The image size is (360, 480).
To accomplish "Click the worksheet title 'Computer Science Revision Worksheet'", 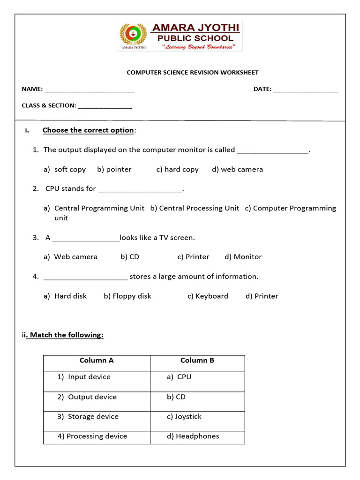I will (193, 73).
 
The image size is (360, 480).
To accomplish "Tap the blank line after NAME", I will (89, 90).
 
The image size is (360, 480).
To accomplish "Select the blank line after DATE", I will (305, 90).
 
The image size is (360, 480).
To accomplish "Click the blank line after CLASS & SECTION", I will (105, 106).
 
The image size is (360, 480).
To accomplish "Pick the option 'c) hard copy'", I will (177, 170).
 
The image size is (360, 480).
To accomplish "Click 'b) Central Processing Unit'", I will (195, 208).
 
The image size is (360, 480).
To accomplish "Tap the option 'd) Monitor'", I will (243, 257).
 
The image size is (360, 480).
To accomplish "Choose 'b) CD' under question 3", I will (130, 257).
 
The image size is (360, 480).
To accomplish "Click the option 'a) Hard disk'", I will (65, 296).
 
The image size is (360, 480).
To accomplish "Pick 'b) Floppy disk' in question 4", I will (127, 296).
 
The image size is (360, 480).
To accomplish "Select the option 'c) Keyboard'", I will (208, 296).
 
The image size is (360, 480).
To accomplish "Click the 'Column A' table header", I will (97, 360).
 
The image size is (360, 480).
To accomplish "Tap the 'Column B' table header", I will (197, 360).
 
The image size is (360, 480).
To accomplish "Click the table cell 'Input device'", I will (84, 377).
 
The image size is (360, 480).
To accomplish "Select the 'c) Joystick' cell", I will (184, 417).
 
